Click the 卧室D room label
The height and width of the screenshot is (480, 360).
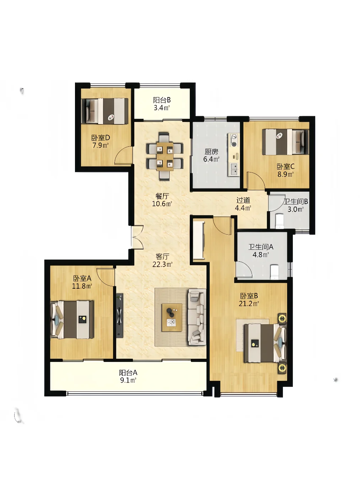click(x=101, y=138)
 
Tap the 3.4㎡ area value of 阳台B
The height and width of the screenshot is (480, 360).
click(x=162, y=108)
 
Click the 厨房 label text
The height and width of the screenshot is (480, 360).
click(x=211, y=151)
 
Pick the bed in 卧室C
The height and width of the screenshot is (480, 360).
click(x=285, y=142)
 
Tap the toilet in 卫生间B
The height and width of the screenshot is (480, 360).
click(x=279, y=221)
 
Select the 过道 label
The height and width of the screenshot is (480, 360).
click(x=243, y=200)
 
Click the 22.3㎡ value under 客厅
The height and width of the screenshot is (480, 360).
click(x=162, y=265)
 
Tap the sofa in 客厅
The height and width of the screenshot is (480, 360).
click(x=197, y=317)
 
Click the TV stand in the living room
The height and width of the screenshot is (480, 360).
click(x=119, y=315)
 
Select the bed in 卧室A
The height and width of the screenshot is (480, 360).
click(x=72, y=320)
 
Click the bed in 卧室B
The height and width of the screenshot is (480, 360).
click(x=265, y=343)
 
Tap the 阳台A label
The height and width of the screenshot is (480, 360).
click(x=128, y=372)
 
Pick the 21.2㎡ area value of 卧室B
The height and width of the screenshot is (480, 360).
click(x=249, y=304)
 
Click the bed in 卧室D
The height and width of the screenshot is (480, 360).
click(x=104, y=111)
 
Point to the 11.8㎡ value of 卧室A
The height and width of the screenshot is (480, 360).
click(x=82, y=286)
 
